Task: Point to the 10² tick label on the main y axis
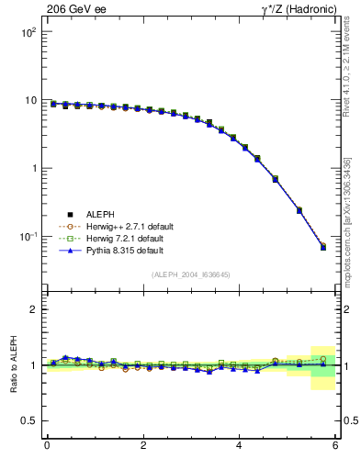[28, 32]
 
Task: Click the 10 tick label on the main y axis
[29, 100]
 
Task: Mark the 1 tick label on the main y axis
[32, 168]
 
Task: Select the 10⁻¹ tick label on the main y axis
[28, 237]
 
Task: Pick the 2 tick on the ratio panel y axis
[32, 309]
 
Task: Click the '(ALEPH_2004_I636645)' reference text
[191, 274]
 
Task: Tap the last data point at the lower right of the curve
[322, 247]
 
